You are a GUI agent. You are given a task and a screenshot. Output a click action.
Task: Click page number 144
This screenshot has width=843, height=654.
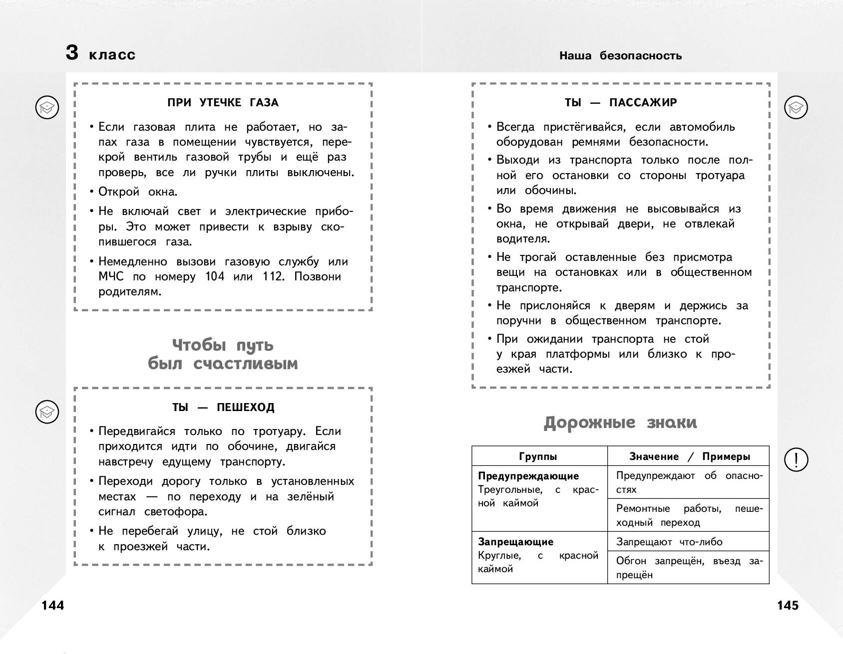click(53, 605)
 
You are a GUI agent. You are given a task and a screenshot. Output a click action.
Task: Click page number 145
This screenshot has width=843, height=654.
click(788, 605)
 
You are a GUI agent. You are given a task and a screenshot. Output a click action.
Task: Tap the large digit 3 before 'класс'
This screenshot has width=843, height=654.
click(72, 53)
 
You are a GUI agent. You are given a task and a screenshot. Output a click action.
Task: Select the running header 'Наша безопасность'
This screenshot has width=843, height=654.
click(620, 55)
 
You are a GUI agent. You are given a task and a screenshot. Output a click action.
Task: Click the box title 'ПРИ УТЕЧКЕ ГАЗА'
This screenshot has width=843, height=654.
click(223, 103)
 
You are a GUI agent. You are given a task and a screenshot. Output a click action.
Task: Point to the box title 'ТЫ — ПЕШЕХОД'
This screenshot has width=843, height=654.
click(223, 408)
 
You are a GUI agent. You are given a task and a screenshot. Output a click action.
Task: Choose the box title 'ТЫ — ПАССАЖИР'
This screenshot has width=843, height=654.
click(621, 103)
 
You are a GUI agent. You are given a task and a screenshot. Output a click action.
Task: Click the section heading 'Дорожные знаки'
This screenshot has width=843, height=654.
click(620, 423)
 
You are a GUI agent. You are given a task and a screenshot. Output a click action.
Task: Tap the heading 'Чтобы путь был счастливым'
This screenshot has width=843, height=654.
click(223, 354)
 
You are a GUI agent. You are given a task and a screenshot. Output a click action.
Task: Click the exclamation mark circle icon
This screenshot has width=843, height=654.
click(796, 459)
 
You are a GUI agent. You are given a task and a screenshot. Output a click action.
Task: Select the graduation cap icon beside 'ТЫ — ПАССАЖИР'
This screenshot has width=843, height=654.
click(796, 107)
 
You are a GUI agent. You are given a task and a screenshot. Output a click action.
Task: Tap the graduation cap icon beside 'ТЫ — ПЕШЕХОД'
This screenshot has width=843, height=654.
click(47, 412)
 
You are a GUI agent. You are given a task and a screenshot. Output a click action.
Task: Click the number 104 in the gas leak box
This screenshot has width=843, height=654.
click(215, 277)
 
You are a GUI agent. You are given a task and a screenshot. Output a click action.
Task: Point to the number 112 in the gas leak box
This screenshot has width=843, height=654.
click(273, 277)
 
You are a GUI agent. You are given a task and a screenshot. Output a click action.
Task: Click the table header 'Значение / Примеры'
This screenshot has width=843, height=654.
click(690, 456)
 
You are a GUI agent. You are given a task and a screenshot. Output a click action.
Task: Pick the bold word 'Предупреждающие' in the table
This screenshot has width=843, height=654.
click(528, 476)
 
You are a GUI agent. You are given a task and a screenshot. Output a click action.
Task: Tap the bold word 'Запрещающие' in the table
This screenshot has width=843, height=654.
click(515, 542)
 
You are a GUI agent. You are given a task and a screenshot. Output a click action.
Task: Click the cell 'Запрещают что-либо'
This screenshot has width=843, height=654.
click(669, 542)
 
